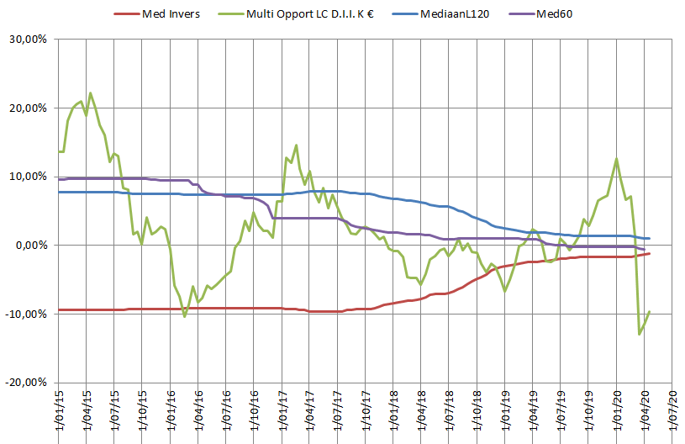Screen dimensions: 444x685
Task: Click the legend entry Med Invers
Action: (x=171, y=14)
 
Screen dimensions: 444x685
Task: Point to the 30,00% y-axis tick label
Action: (x=28, y=40)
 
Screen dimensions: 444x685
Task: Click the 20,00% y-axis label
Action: (x=28, y=108)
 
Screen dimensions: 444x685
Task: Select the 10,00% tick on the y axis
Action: (x=28, y=177)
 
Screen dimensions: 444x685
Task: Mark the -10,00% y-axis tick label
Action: (x=26, y=314)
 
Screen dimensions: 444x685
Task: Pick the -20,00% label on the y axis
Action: (x=26, y=382)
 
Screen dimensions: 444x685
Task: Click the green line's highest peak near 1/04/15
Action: (x=90, y=93)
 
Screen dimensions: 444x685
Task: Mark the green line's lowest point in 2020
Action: (x=640, y=334)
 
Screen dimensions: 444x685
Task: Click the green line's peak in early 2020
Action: (x=617, y=159)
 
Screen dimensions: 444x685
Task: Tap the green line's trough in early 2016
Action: (x=184, y=316)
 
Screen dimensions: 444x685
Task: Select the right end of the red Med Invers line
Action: (x=649, y=253)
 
